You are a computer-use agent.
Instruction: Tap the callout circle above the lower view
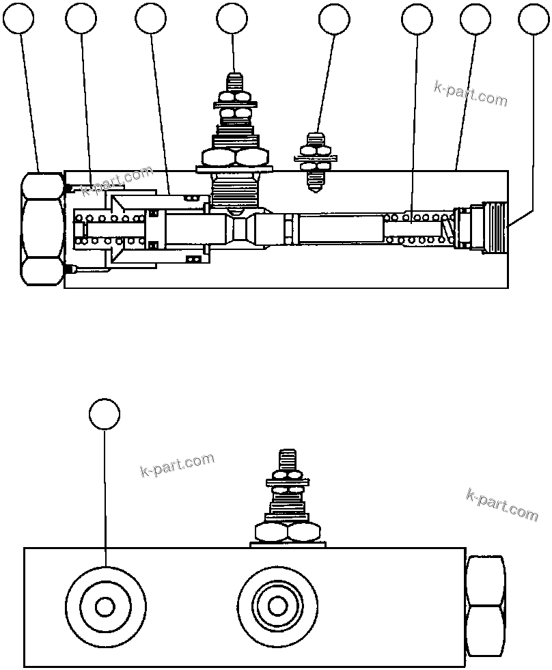pos(105,415)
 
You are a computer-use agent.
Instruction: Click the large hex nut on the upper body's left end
pos(42,228)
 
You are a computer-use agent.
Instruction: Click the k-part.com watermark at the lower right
pos(502,504)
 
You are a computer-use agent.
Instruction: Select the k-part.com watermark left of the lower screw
pos(177,465)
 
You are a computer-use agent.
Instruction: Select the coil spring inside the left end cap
pos(109,228)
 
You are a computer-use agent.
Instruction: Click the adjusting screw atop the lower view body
pos(287,495)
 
